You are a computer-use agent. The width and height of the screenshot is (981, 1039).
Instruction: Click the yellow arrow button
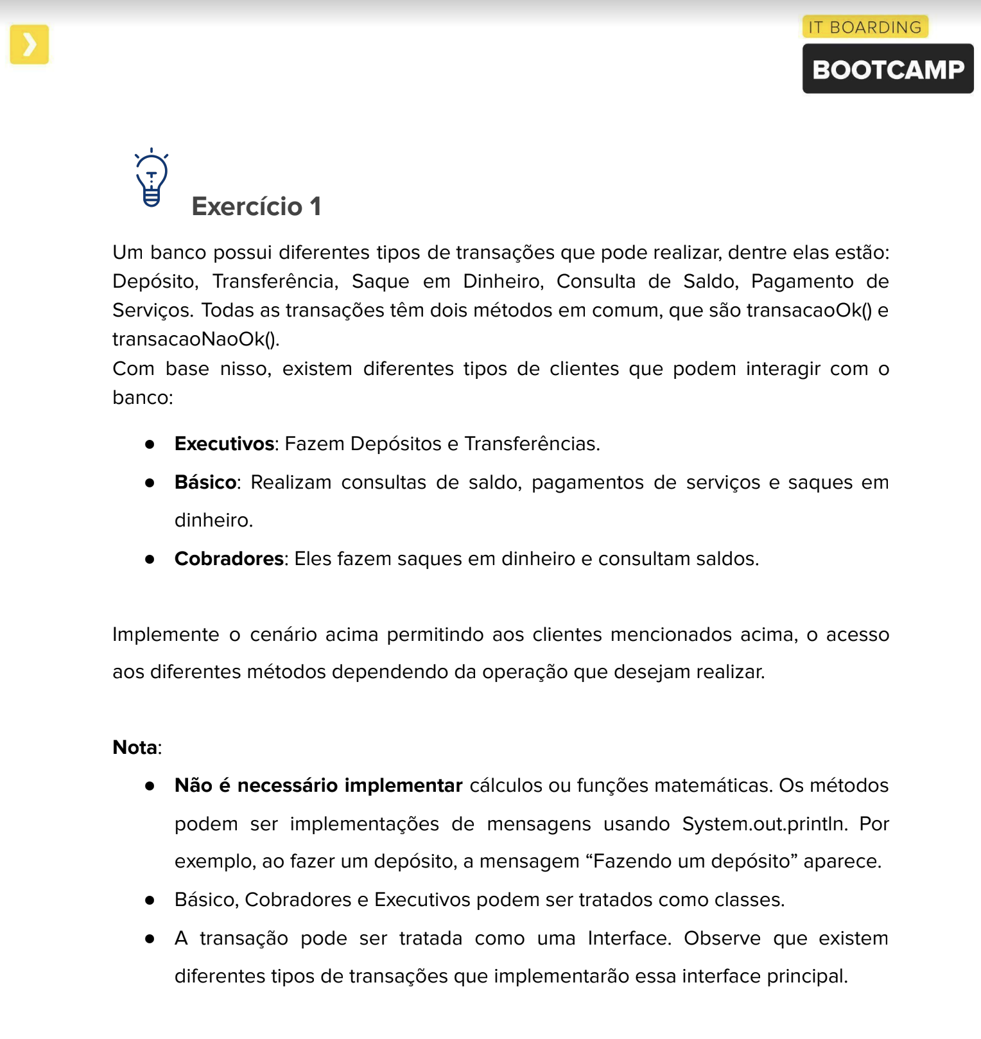click(30, 45)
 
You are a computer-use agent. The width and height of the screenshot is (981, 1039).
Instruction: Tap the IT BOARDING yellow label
click(864, 27)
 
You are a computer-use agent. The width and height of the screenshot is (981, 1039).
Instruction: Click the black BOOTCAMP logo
click(887, 69)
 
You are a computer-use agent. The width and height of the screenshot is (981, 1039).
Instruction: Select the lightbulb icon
click(152, 178)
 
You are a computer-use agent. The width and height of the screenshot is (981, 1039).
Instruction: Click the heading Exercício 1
click(256, 207)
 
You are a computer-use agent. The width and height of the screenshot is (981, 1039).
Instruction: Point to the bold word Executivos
click(224, 444)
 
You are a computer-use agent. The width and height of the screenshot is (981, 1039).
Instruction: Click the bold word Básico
click(205, 482)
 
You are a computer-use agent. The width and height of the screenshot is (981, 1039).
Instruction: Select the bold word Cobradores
click(229, 559)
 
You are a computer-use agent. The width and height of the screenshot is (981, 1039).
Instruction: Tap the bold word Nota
click(135, 747)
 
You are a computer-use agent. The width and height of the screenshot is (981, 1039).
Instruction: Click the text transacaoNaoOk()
click(195, 339)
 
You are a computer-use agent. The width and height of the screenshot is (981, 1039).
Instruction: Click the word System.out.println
click(764, 824)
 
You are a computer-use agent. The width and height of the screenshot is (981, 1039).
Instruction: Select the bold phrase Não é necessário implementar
click(318, 785)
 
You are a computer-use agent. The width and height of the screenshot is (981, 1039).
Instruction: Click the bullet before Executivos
click(150, 444)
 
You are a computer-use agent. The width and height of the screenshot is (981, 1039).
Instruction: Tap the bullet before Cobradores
click(150, 559)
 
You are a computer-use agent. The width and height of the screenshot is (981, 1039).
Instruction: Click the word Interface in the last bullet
click(629, 938)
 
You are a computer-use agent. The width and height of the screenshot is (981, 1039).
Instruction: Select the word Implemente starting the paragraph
click(166, 634)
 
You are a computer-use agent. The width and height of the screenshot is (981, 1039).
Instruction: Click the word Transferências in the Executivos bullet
click(531, 444)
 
